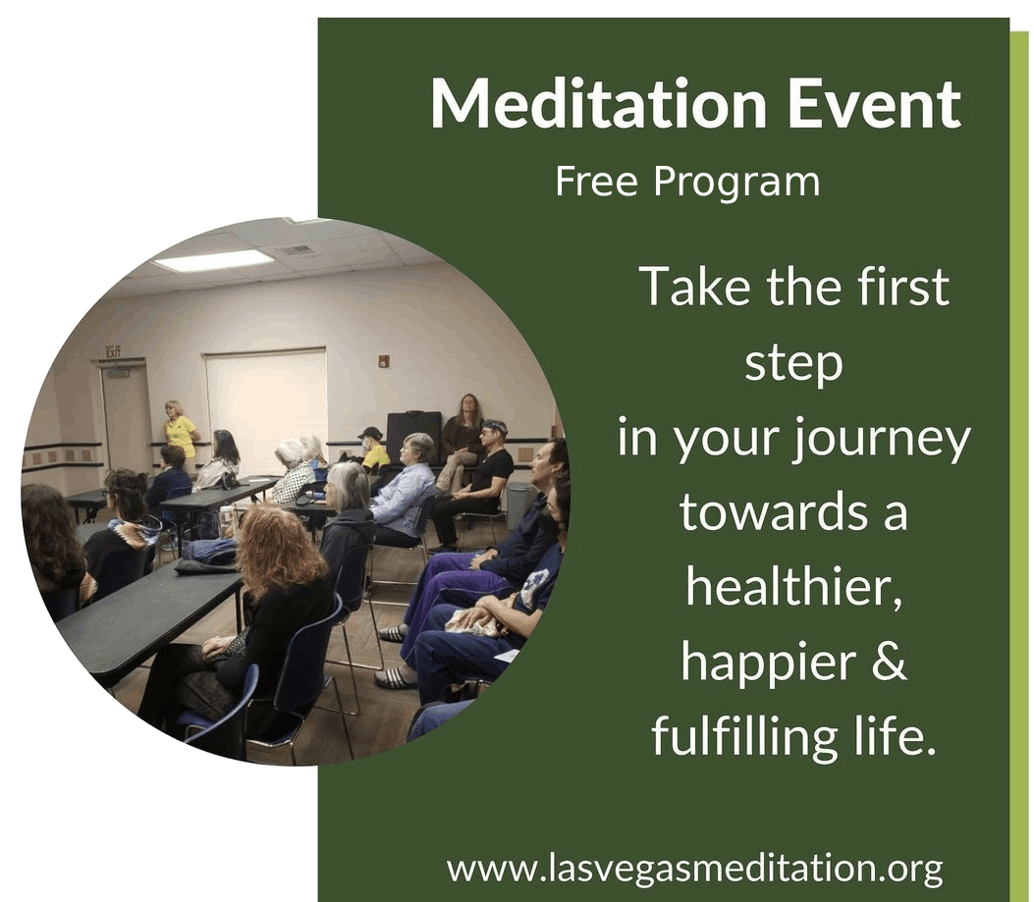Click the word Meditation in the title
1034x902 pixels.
tap(598, 103)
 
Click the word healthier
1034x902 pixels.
tap(793, 586)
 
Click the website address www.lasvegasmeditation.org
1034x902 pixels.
tap(695, 869)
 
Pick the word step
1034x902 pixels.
tap(794, 364)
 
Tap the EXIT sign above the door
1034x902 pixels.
tap(114, 351)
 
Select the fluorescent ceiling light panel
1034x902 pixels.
tap(212, 260)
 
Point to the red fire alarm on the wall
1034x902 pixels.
tap(383, 360)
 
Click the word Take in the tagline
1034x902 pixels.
tap(695, 287)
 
